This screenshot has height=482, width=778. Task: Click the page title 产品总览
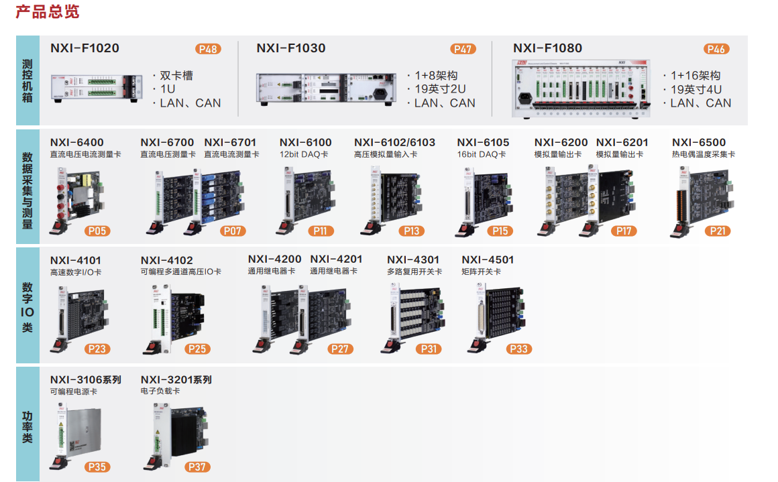coord(47,12)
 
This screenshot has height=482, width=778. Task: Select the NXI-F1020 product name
coord(85,48)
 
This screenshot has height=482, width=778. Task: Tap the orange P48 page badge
coord(208,49)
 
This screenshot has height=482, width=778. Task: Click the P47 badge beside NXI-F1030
coord(463,49)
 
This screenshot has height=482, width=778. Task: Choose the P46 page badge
coord(716,49)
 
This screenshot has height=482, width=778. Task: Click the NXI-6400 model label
coord(77,142)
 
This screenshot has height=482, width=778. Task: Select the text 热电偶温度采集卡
coord(704,154)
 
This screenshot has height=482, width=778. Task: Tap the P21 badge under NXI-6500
coord(718,231)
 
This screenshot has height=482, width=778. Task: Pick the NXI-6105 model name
coord(483,142)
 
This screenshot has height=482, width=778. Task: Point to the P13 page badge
coord(411,231)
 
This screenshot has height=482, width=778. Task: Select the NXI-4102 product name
coord(166,260)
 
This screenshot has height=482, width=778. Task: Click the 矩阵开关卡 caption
coord(481,272)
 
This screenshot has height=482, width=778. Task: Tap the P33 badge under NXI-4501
coord(519,349)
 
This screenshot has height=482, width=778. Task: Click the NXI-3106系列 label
coord(85,379)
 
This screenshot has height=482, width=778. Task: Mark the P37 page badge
coord(197,467)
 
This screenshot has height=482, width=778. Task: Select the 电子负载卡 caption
coord(160,391)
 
